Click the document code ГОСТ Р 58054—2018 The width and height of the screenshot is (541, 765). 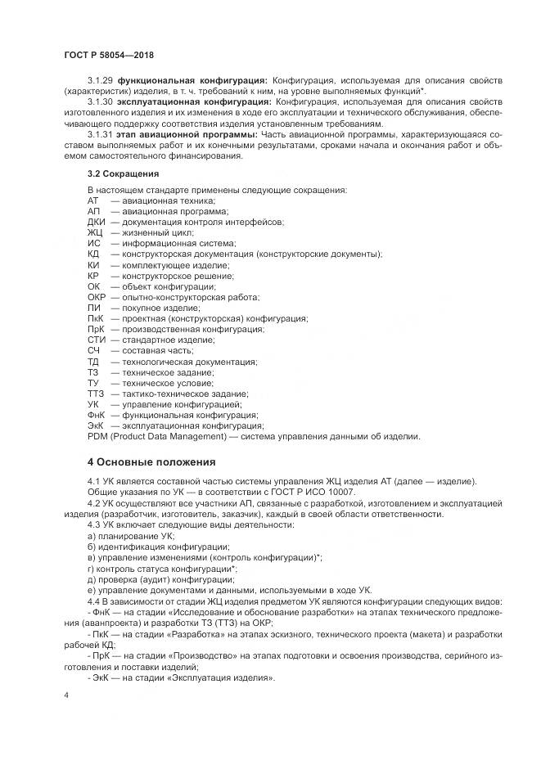(x=108, y=55)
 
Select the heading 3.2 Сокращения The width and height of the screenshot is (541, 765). (x=123, y=174)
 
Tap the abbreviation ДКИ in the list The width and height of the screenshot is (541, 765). (x=97, y=223)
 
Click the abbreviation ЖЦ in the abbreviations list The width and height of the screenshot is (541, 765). (x=94, y=233)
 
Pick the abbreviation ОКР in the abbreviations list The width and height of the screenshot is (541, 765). (x=97, y=297)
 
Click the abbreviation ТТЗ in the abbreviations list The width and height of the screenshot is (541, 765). (x=97, y=394)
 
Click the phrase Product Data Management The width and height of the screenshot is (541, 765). (x=165, y=436)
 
